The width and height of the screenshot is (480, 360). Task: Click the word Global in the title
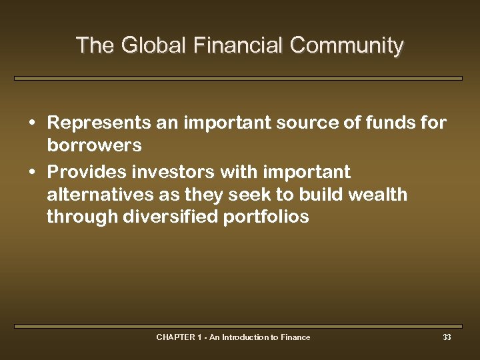click(143, 45)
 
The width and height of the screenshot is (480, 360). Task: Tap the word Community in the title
click(347, 45)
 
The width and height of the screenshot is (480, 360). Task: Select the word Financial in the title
click(238, 45)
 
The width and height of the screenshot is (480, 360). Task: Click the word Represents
click(99, 123)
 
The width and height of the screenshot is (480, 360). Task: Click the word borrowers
click(94, 145)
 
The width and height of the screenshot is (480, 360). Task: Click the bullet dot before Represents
click(31, 124)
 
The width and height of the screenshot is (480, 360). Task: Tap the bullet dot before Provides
click(31, 173)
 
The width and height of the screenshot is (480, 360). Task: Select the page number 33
click(447, 337)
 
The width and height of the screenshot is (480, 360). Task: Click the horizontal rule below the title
click(238, 78)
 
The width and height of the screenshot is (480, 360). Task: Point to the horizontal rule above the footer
click(238, 326)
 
